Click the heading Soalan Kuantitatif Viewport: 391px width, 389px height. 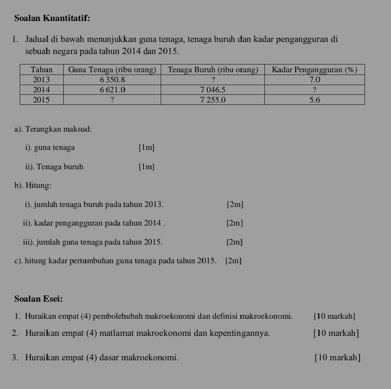[52, 18]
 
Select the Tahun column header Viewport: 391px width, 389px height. [42, 69]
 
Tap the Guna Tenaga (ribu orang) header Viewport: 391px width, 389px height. [112, 69]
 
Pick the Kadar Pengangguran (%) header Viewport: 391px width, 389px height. [314, 69]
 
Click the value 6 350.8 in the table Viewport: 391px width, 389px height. [112, 80]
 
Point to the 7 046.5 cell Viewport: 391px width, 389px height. [212, 90]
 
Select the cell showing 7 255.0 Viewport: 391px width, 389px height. [212, 100]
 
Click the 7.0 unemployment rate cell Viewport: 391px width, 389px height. [315, 80]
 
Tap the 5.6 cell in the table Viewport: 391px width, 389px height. [315, 100]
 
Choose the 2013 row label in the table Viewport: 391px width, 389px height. [42, 80]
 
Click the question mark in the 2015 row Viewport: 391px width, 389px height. [112, 100]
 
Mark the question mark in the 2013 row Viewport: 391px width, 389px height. [212, 80]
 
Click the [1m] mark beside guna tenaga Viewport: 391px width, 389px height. [146, 148]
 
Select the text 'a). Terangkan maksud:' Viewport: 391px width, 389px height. [53, 129]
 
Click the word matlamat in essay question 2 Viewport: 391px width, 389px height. [115, 333]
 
